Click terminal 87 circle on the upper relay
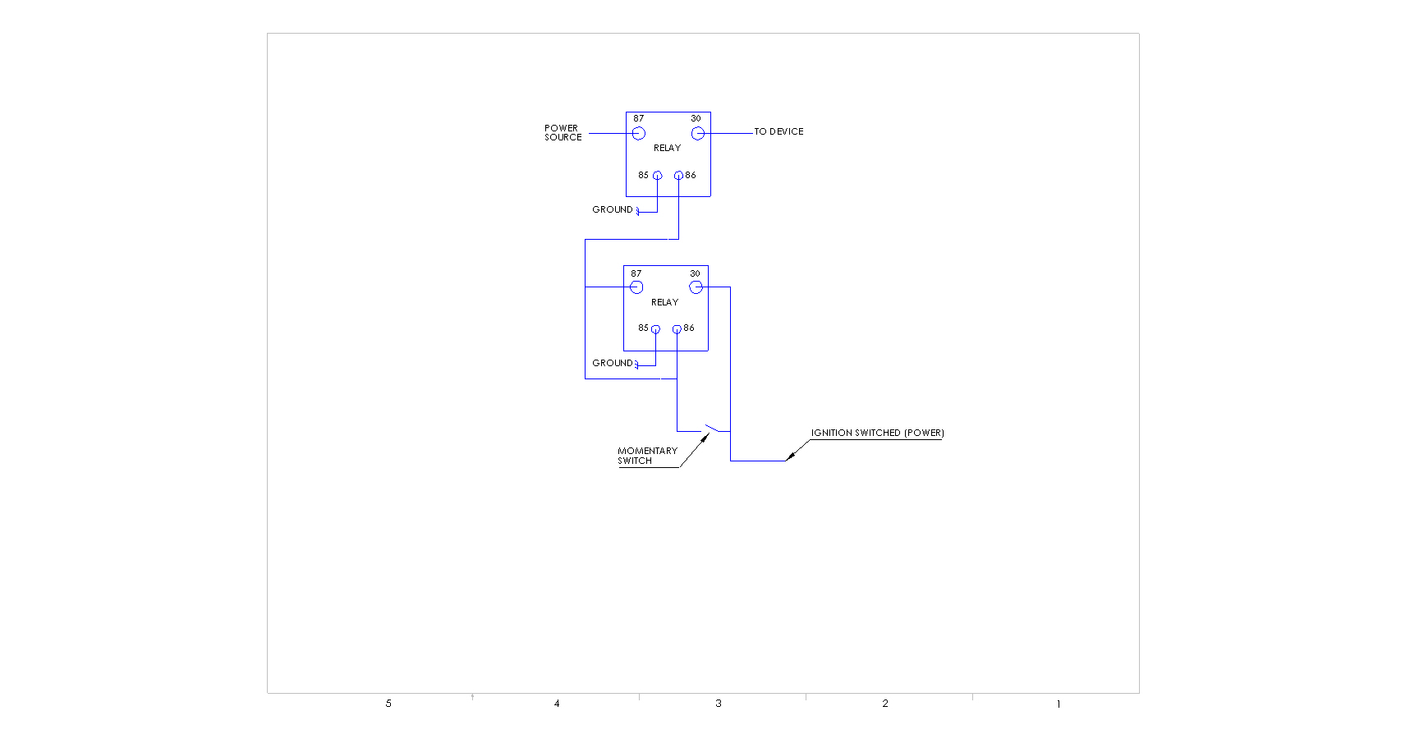[639, 133]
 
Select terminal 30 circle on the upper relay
[698, 133]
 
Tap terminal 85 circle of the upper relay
[657, 176]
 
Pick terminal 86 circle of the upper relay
[678, 176]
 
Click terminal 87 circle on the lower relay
[636, 287]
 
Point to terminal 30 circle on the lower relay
[696, 287]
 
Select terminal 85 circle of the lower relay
[655, 329]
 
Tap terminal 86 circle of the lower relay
[677, 329]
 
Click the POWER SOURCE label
[563, 133]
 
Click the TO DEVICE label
[778, 131]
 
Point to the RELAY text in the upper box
[667, 149]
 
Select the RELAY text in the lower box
[664, 303]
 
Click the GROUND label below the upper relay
[613, 210]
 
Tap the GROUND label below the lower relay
[613, 363]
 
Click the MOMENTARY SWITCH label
[647, 456]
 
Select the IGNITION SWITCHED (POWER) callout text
[877, 433]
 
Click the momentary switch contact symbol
[711, 429]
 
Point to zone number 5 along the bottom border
[388, 704]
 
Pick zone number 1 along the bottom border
[1059, 704]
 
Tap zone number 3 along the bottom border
[719, 704]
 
